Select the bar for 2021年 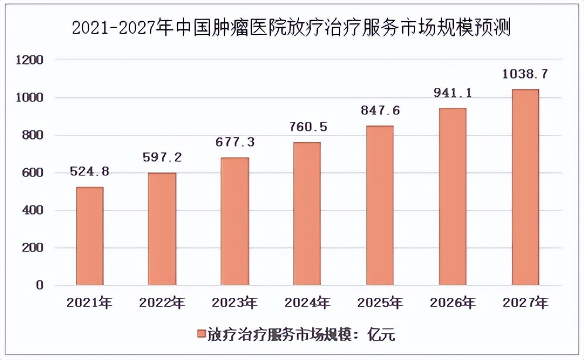(x=90, y=236)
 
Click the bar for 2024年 (x=307, y=214)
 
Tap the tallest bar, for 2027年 (x=525, y=188)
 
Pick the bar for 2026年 (x=452, y=197)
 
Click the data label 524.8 (x=90, y=172)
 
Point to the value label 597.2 (x=162, y=158)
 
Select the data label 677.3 (x=235, y=142)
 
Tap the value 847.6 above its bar (x=380, y=111)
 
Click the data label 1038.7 (x=525, y=74)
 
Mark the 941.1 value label (x=452, y=93)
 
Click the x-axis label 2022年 (x=162, y=303)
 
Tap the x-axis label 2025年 (x=380, y=303)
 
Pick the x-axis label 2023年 (x=235, y=303)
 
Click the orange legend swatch (x=201, y=335)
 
